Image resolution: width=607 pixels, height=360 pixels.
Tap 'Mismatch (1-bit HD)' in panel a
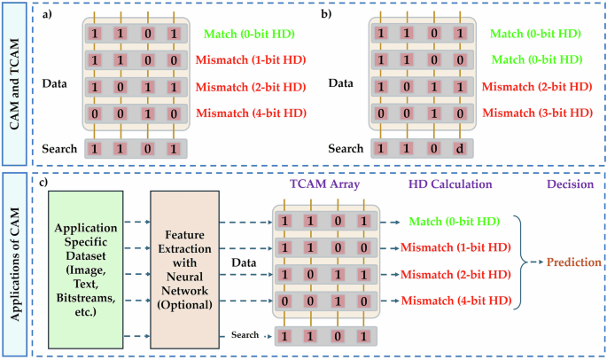point(253,60)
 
